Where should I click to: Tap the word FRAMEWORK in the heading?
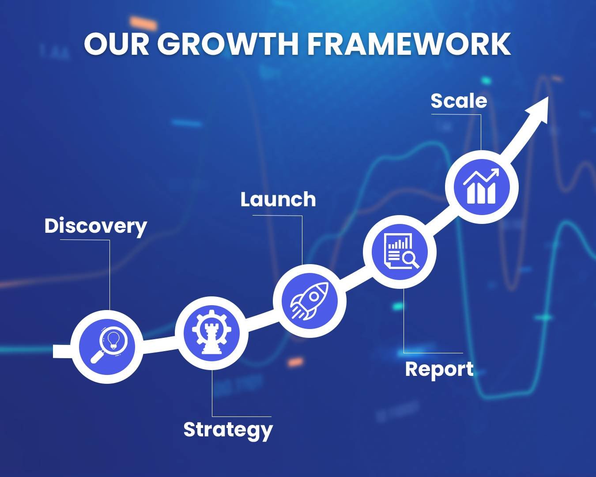pyautogui.click(x=409, y=44)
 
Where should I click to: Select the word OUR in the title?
pyautogui.click(x=117, y=44)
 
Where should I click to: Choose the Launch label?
pyautogui.click(x=278, y=199)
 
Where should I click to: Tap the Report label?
pyautogui.click(x=439, y=370)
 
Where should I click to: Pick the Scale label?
pyautogui.click(x=459, y=100)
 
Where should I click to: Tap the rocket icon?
pyautogui.click(x=309, y=301)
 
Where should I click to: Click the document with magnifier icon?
pyautogui.click(x=401, y=251)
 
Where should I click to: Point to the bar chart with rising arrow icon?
pyautogui.click(x=481, y=186)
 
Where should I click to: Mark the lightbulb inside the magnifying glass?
pyautogui.click(x=113, y=340)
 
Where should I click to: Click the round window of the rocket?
pyautogui.click(x=314, y=296)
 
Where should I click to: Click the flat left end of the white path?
pyautogui.click(x=53, y=351)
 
